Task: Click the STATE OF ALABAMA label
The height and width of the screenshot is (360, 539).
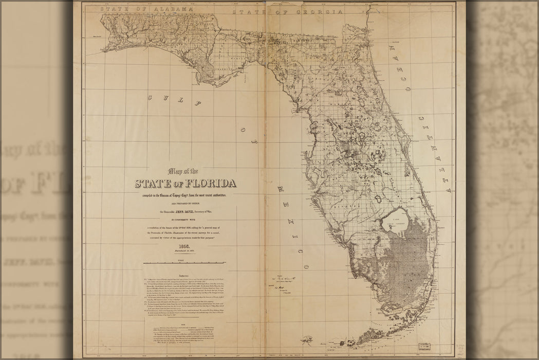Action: point(147,9)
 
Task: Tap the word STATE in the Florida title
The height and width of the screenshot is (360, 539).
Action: point(154,184)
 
